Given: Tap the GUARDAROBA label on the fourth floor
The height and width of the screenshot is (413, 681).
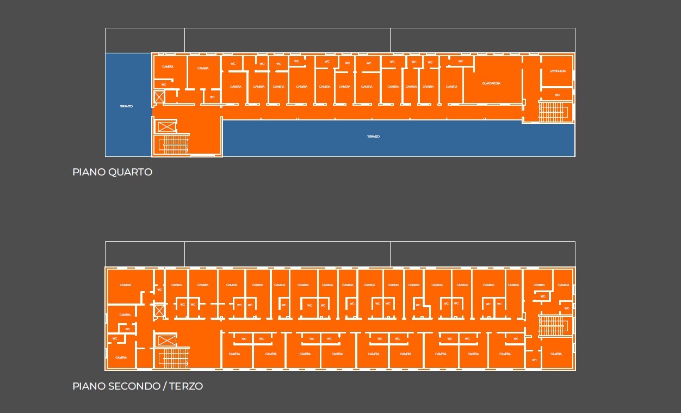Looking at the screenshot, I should tap(491, 83).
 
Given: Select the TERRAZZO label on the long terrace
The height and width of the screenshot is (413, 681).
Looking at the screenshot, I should tap(373, 137).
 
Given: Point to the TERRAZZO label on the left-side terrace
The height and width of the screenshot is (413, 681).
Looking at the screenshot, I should tap(126, 106).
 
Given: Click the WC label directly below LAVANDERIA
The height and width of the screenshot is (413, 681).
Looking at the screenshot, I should tap(557, 95).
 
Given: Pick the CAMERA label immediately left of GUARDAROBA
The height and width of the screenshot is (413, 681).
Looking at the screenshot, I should tap(451, 87).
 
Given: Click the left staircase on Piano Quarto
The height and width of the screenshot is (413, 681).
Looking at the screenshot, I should tap(174, 145).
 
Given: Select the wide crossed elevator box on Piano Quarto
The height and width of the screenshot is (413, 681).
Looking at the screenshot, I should tap(166, 127).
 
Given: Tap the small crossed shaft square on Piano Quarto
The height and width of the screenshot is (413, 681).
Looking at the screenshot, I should tap(159, 98).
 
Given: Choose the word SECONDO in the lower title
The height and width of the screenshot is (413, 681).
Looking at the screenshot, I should tap(134, 386).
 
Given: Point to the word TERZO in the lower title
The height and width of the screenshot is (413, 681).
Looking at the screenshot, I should tap(186, 386).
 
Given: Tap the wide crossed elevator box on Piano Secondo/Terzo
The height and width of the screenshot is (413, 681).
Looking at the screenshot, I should tap(166, 341).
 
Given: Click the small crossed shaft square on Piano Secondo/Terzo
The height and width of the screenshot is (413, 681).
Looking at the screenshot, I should tap(159, 311).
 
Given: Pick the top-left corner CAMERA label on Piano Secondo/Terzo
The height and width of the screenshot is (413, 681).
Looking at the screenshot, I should tap(126, 285).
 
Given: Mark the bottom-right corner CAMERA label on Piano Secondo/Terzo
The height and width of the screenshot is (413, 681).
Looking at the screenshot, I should tap(556, 354).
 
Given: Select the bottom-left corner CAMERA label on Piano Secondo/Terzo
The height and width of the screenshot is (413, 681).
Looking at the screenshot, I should tap(121, 357).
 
